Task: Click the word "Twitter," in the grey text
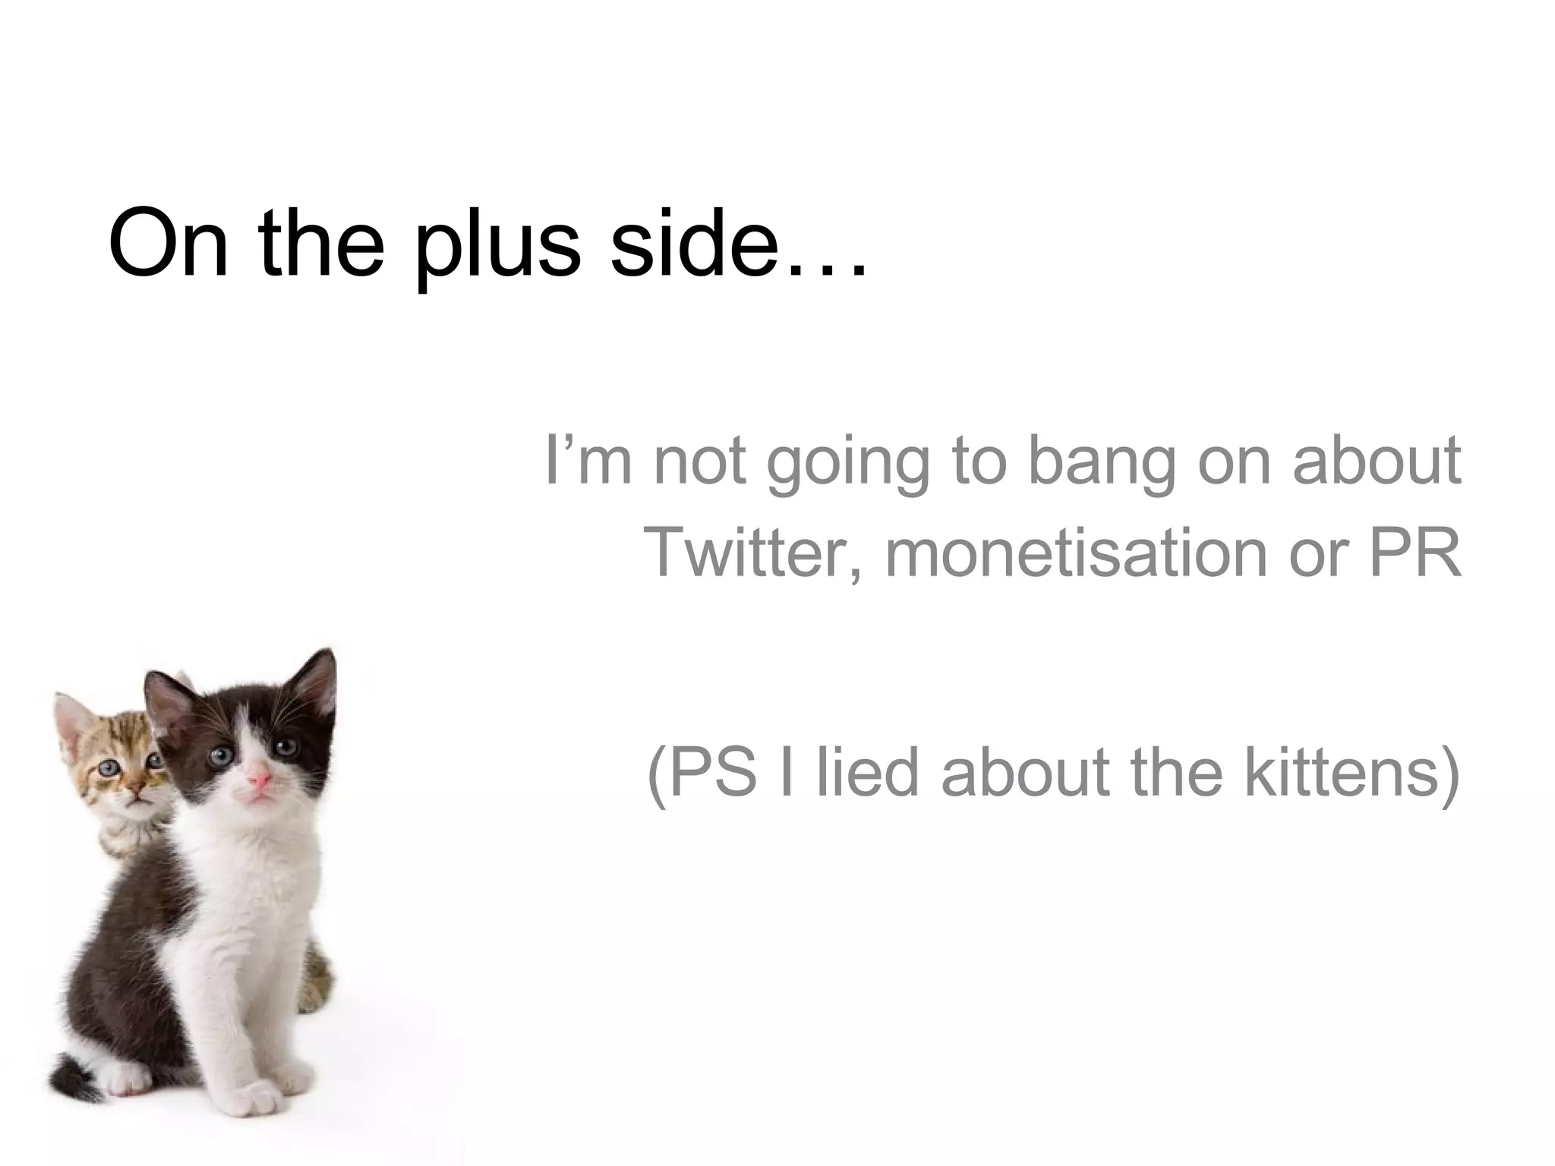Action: (752, 552)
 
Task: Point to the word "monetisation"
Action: (1075, 552)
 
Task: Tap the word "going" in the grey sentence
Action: (847, 463)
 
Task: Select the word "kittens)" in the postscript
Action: (1352, 773)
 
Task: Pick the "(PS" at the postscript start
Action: (702, 773)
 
